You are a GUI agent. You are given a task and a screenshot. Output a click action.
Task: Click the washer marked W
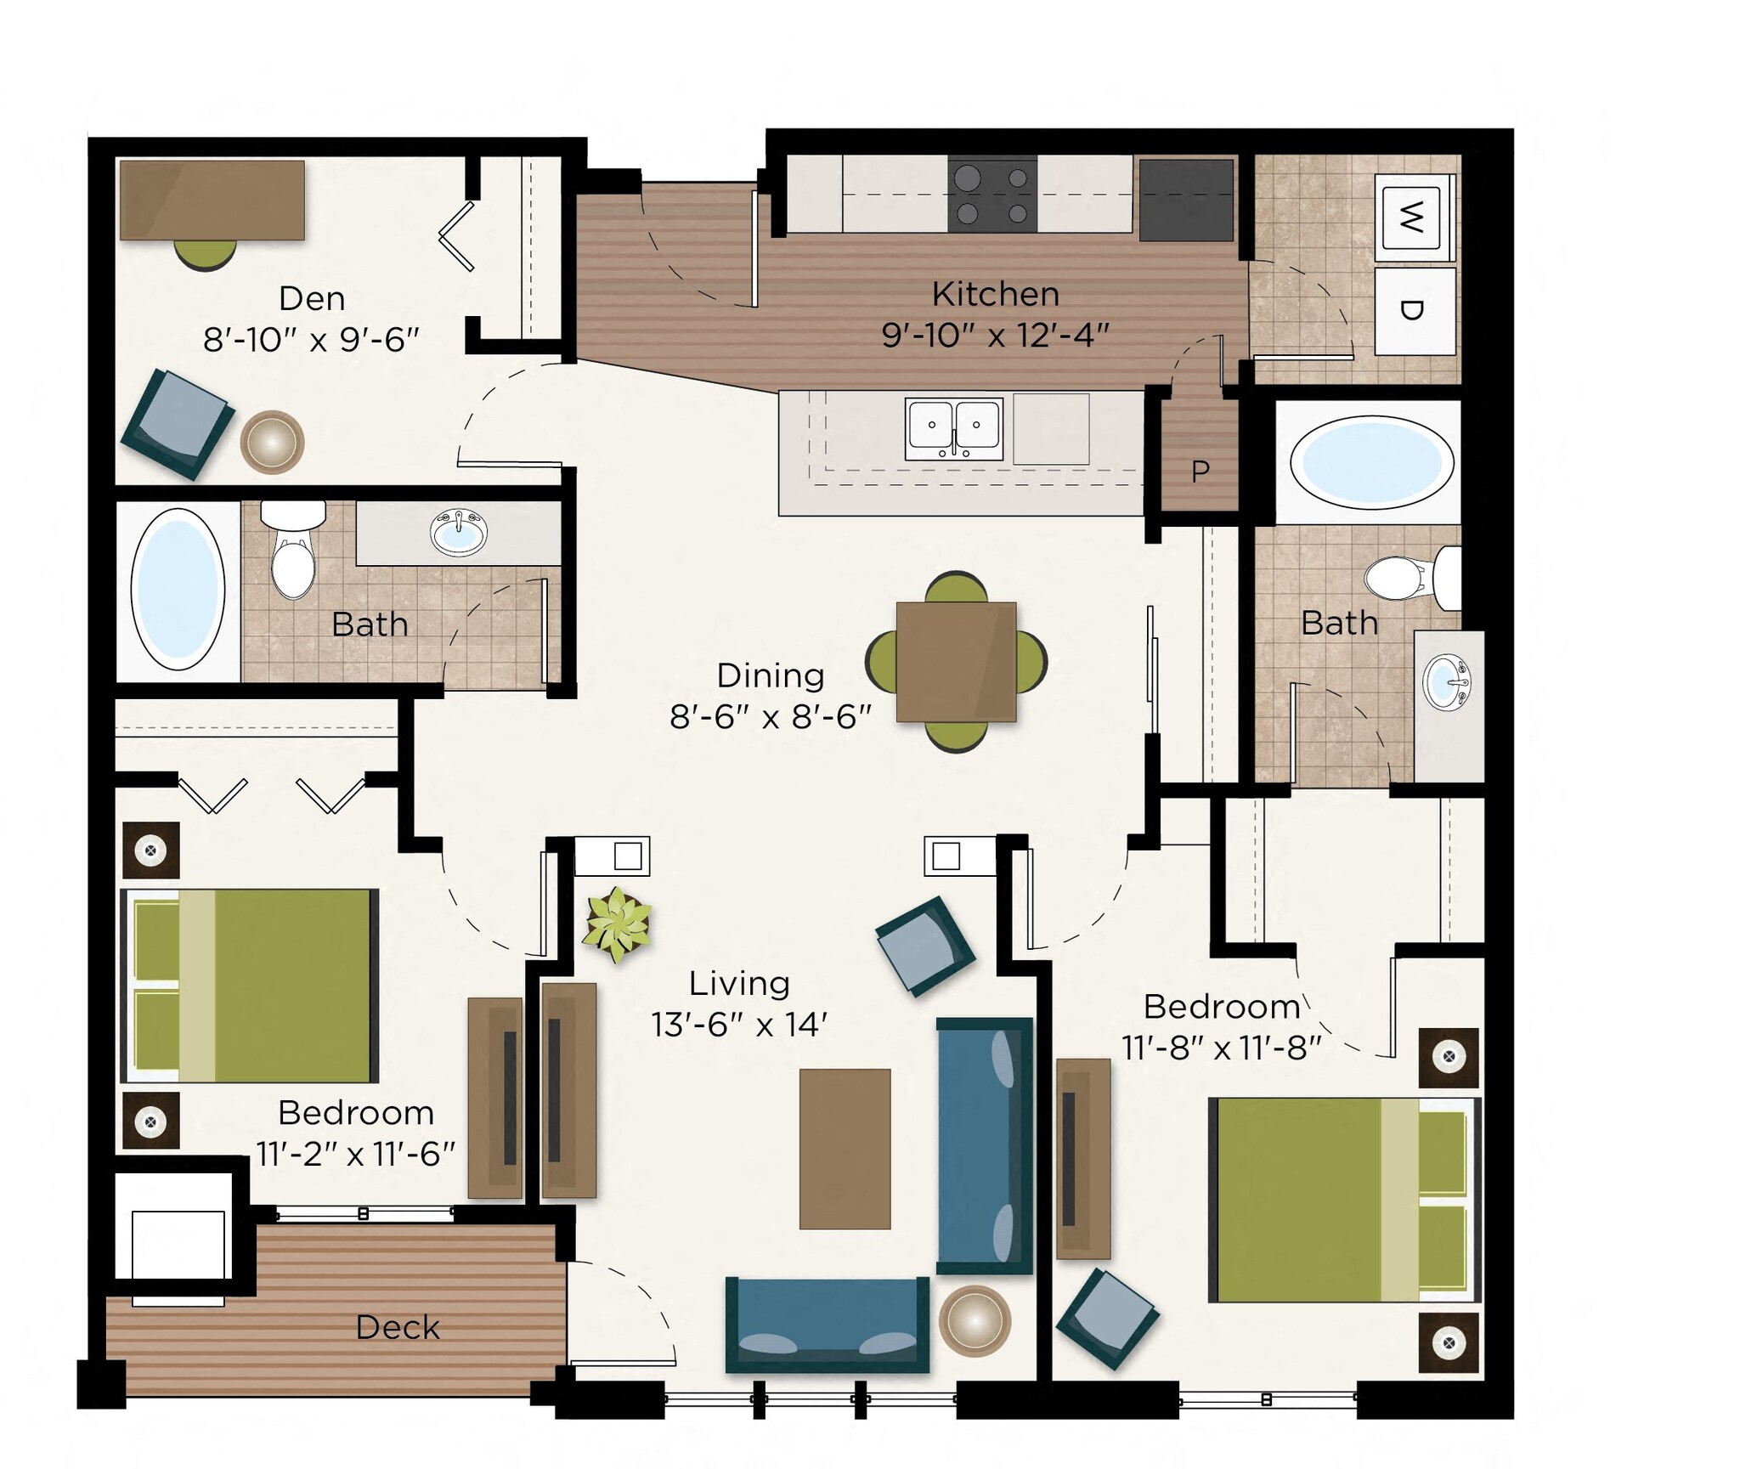[x=1410, y=218]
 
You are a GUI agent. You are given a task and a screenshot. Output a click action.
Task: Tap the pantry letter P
[x=1200, y=471]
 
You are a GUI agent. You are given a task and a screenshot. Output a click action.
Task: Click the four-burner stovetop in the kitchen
[x=992, y=195]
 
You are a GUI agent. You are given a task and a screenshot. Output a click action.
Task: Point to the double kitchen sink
[x=953, y=428]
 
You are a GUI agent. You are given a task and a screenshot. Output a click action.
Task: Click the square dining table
[x=956, y=661]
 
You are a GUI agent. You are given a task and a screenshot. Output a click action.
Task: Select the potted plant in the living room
[x=618, y=924]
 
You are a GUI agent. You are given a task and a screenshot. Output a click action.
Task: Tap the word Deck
[x=398, y=1327]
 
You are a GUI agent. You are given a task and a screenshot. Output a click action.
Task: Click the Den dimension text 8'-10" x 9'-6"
[x=311, y=340]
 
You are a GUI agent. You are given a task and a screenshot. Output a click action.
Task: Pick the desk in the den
[x=212, y=201]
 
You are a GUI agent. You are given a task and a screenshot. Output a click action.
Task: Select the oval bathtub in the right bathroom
[x=1371, y=463]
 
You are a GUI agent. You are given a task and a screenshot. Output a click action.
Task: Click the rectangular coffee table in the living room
[x=845, y=1149]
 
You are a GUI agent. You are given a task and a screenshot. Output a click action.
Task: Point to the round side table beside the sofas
[x=975, y=1321]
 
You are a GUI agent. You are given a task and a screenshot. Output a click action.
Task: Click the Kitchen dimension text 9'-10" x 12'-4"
[x=995, y=336]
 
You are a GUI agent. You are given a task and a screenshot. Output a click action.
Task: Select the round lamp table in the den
[x=272, y=442]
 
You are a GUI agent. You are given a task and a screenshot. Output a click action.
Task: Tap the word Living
[x=739, y=983]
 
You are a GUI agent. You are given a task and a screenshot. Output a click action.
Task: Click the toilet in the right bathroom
[x=1406, y=578]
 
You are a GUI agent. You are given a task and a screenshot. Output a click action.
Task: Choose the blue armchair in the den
[x=178, y=424]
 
